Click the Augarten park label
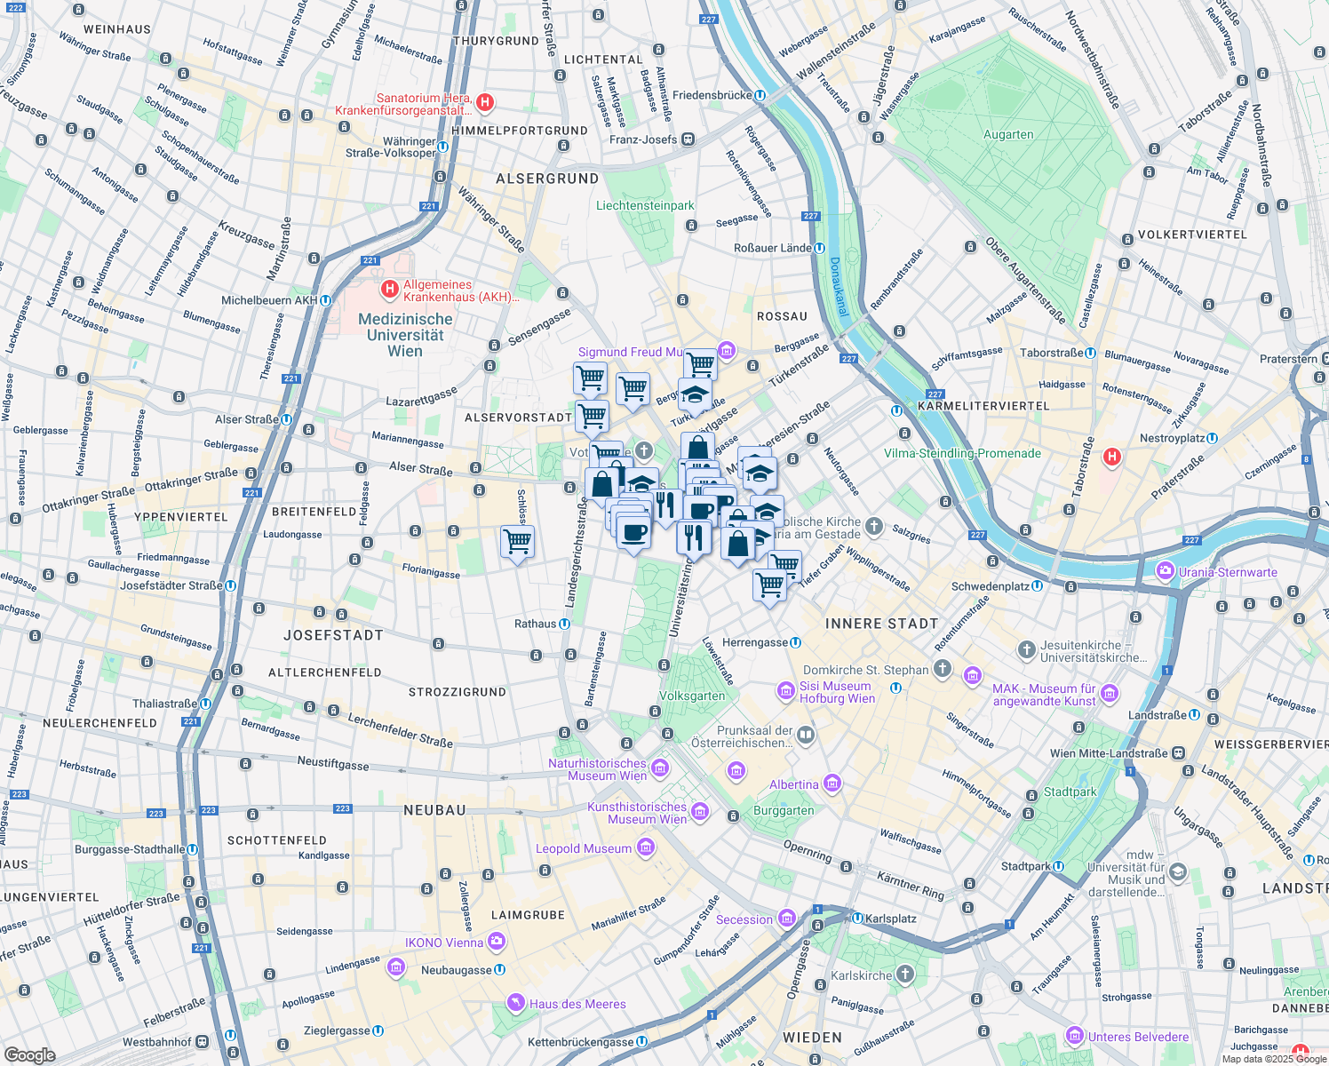[1008, 135]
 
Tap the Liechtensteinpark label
[645, 205]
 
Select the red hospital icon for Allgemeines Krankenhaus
[389, 290]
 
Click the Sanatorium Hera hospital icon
[485, 103]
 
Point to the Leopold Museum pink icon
[646, 848]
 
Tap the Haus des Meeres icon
[515, 1004]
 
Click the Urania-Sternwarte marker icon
[1164, 571]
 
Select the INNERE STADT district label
[881, 624]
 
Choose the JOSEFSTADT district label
[333, 635]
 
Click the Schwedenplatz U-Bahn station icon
[1037, 586]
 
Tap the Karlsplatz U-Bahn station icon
[857, 919]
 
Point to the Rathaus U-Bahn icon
[564, 624]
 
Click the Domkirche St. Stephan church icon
[942, 669]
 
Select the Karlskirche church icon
[905, 975]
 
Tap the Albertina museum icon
[832, 784]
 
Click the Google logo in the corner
[29, 1054]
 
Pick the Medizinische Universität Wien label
[405, 335]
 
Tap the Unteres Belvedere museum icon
[1075, 1037]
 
